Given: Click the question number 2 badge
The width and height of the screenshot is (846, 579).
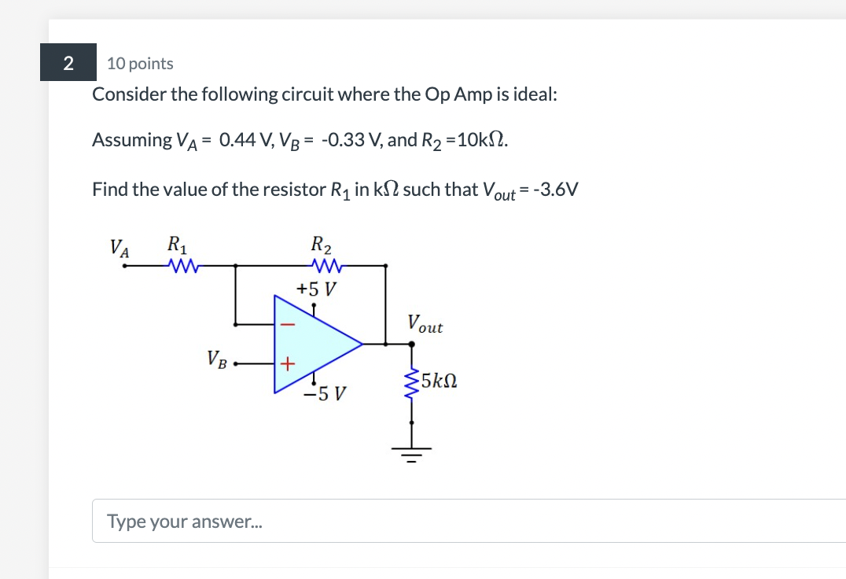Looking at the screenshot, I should tap(68, 64).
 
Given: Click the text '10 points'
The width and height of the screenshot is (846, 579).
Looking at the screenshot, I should tap(140, 64).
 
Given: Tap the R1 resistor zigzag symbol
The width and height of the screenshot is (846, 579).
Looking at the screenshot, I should tap(183, 266).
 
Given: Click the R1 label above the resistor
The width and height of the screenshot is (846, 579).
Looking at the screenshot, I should tap(178, 244).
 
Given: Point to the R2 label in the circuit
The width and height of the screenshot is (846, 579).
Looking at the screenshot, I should tap(322, 244).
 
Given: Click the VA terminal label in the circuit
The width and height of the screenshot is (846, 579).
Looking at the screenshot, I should tap(120, 249).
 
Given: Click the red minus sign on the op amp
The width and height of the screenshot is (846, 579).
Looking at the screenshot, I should tap(288, 323).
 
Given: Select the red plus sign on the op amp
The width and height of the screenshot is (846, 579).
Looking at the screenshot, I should tap(288, 364).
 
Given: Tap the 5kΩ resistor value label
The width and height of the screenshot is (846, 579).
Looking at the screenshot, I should tap(440, 382).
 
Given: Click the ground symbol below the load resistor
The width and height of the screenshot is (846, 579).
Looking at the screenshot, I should tap(411, 453).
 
